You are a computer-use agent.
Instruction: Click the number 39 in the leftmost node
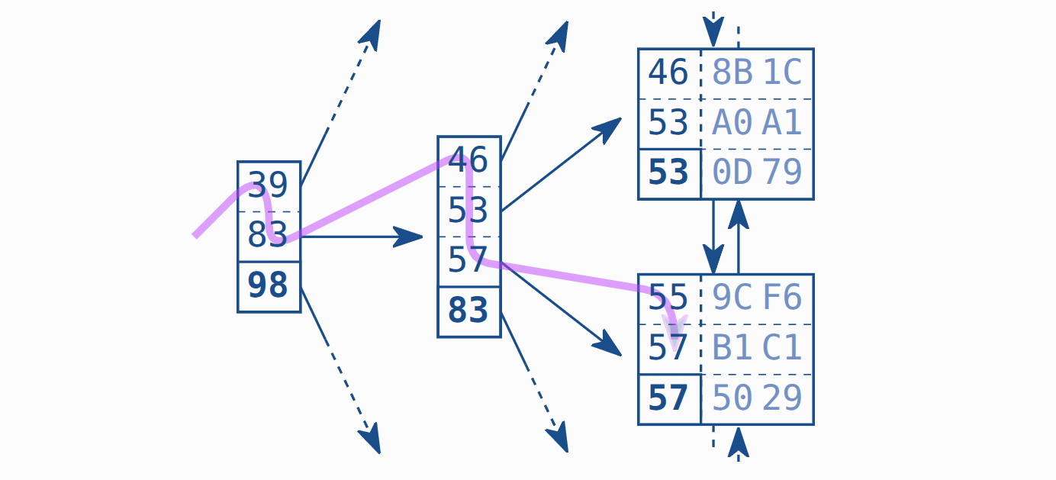(x=269, y=185)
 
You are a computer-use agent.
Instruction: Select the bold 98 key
(x=269, y=285)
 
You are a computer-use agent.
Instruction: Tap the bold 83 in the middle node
(x=468, y=311)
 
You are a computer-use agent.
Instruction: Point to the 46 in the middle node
(x=468, y=160)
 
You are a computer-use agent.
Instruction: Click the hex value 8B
(x=732, y=73)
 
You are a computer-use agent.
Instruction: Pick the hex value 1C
(x=783, y=73)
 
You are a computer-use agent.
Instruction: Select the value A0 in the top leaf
(x=732, y=123)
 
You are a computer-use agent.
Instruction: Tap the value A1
(x=783, y=123)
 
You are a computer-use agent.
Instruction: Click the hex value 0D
(x=732, y=173)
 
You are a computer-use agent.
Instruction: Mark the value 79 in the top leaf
(x=783, y=173)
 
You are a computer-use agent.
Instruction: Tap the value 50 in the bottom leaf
(x=732, y=398)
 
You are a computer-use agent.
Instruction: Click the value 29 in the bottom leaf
(x=783, y=398)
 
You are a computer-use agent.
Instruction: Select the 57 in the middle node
(x=468, y=261)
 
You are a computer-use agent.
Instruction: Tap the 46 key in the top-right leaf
(x=668, y=73)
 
